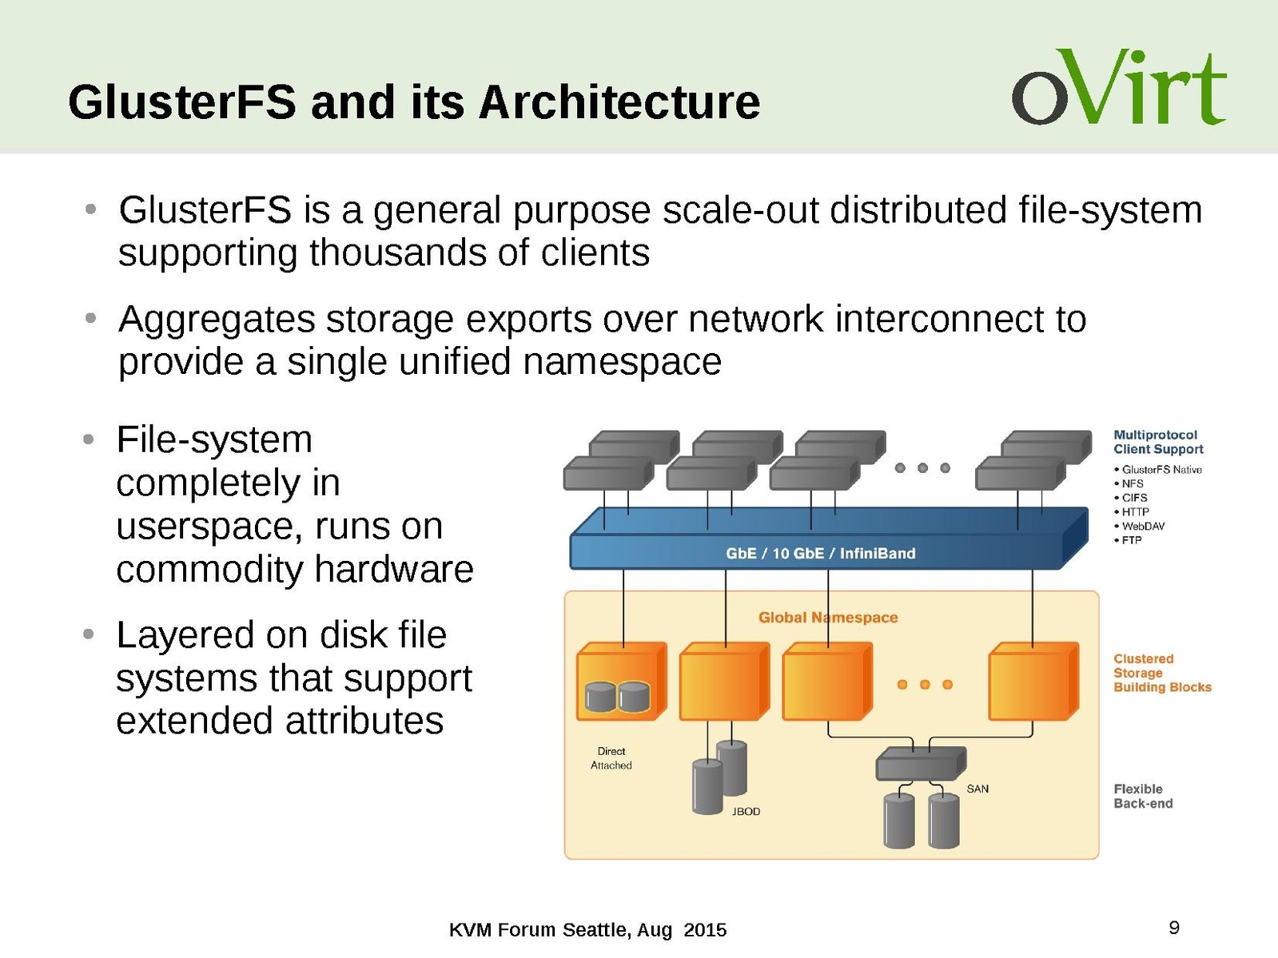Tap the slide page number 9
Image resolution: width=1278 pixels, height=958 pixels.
click(1174, 928)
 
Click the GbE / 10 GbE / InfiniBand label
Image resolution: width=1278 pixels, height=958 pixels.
click(820, 554)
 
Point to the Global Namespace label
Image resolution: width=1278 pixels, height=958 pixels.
click(827, 618)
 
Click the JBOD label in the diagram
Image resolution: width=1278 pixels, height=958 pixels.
click(746, 812)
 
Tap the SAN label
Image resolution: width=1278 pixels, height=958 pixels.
click(977, 789)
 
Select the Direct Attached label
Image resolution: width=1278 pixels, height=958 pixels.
click(611, 758)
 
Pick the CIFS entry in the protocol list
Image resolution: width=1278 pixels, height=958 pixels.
click(1134, 498)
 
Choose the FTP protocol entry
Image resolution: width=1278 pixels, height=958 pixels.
click(1131, 541)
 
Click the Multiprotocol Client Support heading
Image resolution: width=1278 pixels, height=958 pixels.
click(1157, 442)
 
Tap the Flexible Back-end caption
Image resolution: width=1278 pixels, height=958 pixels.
click(1143, 797)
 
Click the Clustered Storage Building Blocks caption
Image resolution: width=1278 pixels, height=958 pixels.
click(1161, 673)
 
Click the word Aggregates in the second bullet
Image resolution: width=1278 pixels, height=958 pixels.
click(217, 320)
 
